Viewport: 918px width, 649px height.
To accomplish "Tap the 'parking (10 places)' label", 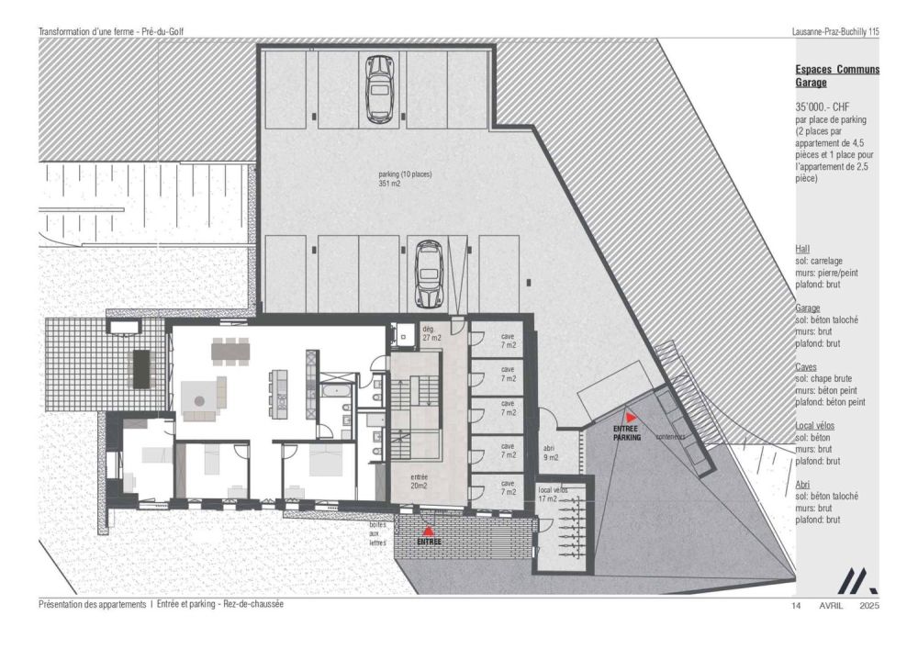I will tap(405, 178).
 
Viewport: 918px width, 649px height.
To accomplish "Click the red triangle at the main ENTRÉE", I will tap(428, 531).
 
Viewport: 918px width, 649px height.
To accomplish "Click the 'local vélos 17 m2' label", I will tap(553, 495).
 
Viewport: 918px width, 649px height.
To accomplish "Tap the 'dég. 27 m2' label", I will tap(431, 332).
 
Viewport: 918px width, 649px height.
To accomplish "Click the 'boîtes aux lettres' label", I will tap(377, 533).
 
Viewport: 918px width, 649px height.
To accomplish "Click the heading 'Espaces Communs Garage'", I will tap(836, 75).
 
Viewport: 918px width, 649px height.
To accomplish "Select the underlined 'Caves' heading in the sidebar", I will tap(808, 366).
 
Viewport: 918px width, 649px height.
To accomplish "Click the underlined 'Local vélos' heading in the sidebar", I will tap(821, 426).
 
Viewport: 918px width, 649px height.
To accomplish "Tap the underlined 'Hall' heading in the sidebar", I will tap(803, 249).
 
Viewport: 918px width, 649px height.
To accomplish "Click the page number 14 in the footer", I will tap(797, 606).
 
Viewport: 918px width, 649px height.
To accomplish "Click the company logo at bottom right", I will tap(859, 580).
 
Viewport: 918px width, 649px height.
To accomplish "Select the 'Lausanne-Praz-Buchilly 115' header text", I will tap(834, 31).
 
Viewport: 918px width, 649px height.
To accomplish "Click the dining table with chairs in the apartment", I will tap(230, 352).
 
